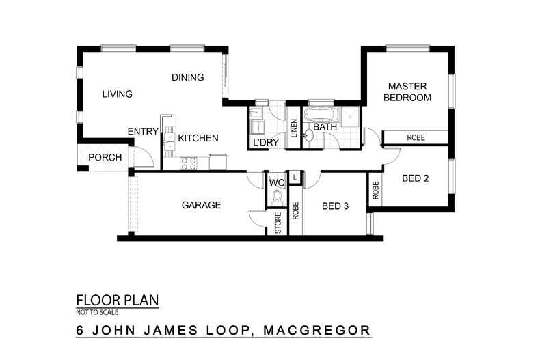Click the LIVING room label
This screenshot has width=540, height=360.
[117, 94]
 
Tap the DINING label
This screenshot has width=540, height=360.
[187, 77]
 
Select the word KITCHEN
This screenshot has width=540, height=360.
[198, 138]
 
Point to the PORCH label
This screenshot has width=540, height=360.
[105, 158]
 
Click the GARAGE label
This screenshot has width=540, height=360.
[201, 205]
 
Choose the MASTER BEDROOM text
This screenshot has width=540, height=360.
[407, 92]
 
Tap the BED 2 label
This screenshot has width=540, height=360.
[415, 179]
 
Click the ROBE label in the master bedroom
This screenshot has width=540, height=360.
[416, 138]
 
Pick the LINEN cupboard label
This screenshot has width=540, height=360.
[293, 128]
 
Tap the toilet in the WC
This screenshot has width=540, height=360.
[277, 198]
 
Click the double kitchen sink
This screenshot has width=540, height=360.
[168, 141]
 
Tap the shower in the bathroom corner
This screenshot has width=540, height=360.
[351, 117]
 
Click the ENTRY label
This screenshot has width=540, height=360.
[143, 132]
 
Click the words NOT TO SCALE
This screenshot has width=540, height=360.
[97, 312]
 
